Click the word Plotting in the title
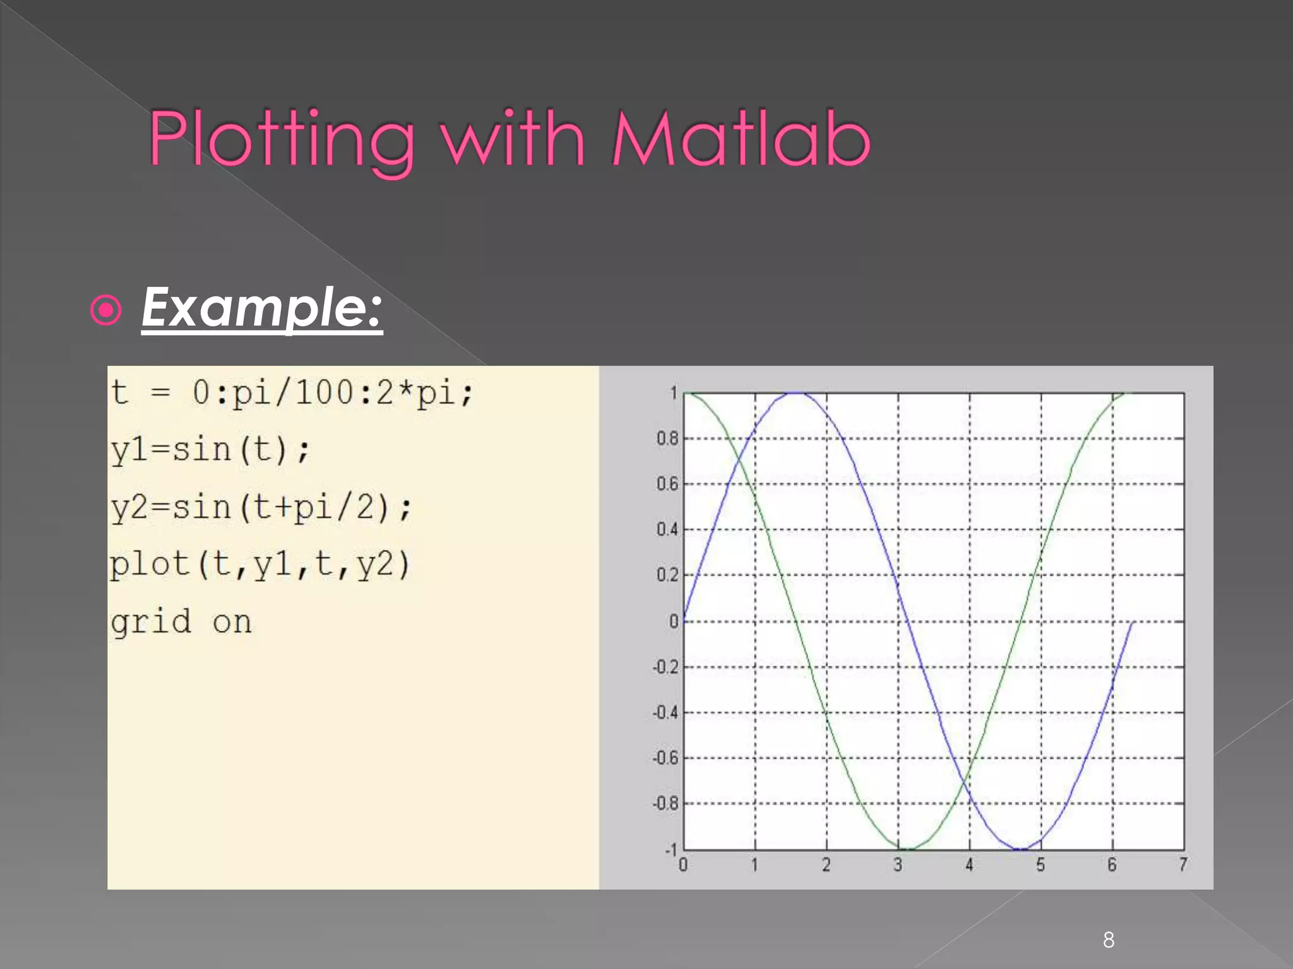(282, 140)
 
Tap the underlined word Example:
(261, 308)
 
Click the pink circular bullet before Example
(105, 310)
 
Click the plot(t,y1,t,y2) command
(260, 565)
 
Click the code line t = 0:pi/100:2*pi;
(291, 392)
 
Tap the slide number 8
(1109, 940)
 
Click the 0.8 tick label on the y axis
(667, 438)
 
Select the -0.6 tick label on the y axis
(665, 758)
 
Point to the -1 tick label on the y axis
(670, 849)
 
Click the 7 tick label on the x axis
(1183, 864)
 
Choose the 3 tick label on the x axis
(898, 864)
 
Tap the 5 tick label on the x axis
(1040, 864)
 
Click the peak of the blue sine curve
(797, 393)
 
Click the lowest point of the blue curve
(1020, 849)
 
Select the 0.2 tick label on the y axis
(667, 575)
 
